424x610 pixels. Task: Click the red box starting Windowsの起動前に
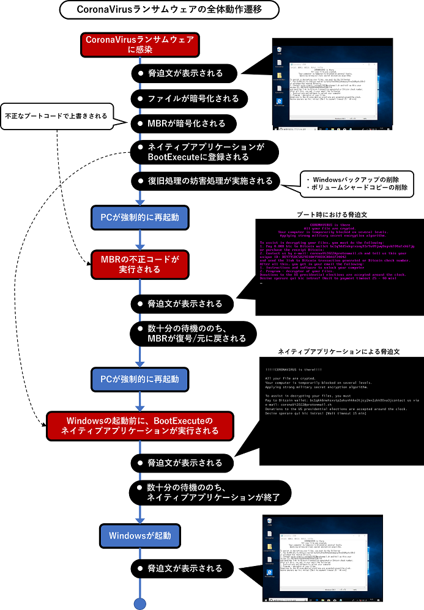pos(140,426)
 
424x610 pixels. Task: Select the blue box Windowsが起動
pos(140,536)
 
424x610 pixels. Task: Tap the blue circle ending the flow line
pos(141,604)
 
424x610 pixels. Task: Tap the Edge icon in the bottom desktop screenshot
pos(269,573)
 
